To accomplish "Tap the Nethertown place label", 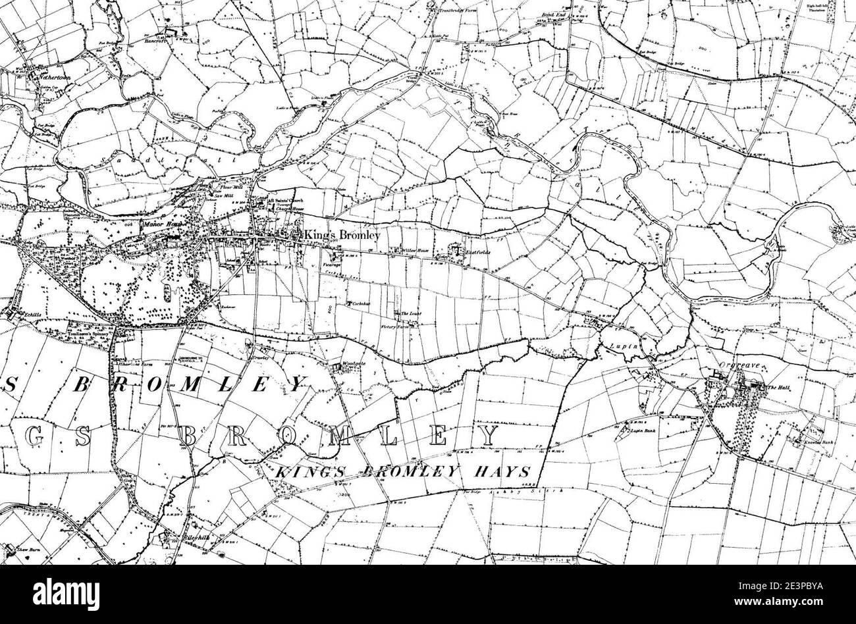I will [x=54, y=68].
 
